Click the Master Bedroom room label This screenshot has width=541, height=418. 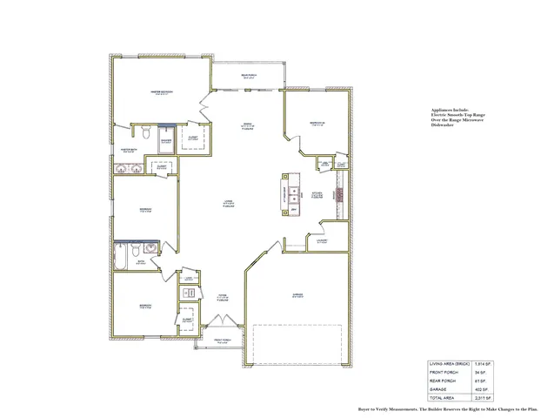161,91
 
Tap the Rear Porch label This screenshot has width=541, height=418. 248,75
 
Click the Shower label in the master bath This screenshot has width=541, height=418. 166,141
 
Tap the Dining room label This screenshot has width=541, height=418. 248,127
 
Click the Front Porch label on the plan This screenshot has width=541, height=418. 223,340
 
